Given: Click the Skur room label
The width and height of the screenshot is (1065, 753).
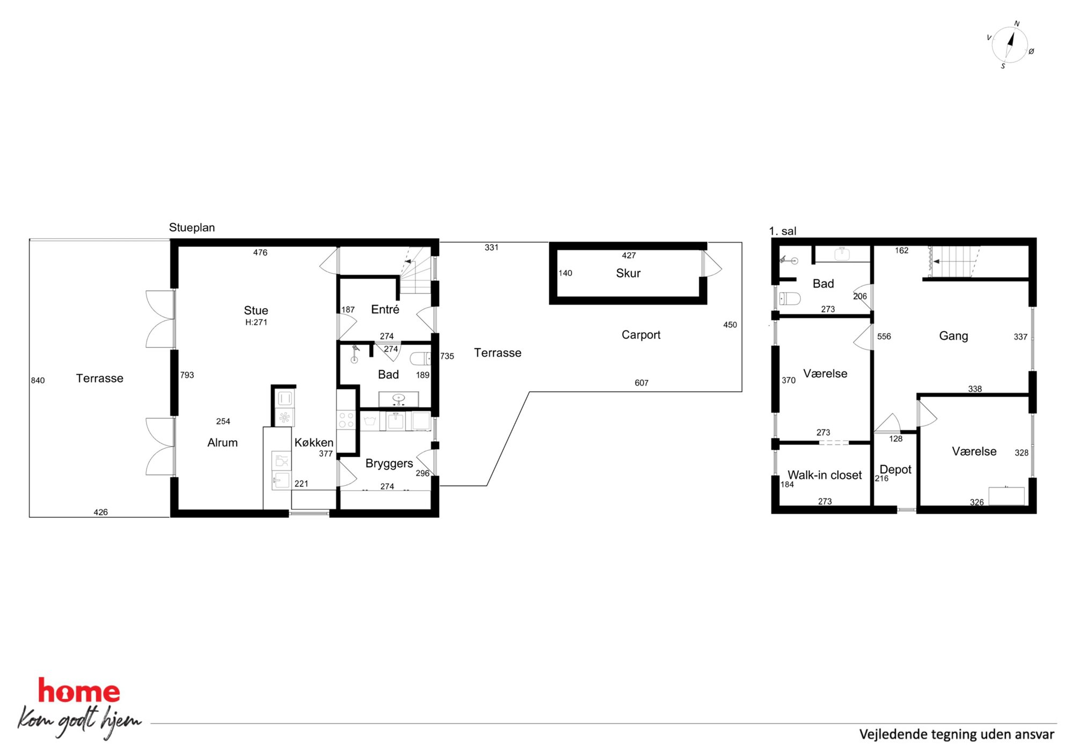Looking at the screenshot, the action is tap(628, 273).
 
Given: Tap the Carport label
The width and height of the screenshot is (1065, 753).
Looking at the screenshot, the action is tap(641, 335).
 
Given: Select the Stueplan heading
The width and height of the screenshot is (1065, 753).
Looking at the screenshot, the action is tap(192, 228).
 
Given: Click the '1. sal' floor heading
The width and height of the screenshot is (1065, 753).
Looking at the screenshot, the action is tap(783, 231).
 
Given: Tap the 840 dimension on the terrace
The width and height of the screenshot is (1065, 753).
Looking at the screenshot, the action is tap(38, 381).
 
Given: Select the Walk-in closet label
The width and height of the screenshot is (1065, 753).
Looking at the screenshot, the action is tap(825, 475).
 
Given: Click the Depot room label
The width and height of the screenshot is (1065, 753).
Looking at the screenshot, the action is tap(895, 470).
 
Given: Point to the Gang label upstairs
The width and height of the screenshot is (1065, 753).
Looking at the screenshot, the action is tap(953, 336).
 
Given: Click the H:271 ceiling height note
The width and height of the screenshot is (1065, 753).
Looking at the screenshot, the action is tap(256, 323).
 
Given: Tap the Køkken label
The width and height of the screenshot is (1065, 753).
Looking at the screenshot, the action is tap(314, 443).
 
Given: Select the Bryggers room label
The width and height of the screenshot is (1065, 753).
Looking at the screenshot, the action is tap(389, 464).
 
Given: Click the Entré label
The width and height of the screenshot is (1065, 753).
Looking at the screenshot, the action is tap(385, 310).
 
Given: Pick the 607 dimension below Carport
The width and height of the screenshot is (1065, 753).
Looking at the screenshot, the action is tap(641, 383).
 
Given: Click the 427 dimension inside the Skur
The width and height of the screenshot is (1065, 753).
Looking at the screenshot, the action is tap(629, 256).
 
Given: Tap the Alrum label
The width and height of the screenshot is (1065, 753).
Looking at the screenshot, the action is tap(222, 443).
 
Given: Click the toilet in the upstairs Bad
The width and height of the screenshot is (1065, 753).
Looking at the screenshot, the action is tap(789, 298).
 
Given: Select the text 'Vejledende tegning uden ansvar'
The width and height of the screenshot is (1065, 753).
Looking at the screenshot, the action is tap(957, 734).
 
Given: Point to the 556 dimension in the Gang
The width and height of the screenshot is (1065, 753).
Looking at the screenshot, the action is tap(884, 337).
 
